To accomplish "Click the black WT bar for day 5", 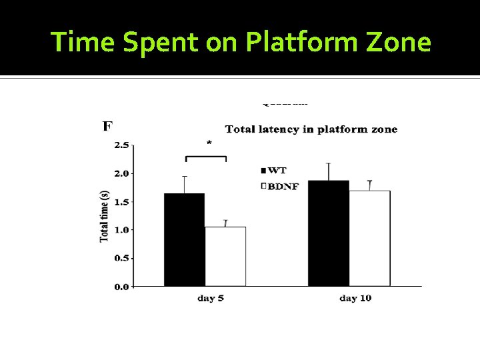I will pyautogui.click(x=185, y=239).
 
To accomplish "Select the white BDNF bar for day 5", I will pyautogui.click(x=225, y=257).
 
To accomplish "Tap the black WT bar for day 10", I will pyautogui.click(x=329, y=233).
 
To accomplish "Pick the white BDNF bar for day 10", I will pyautogui.click(x=369, y=238).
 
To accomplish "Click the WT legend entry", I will pyautogui.click(x=273, y=171).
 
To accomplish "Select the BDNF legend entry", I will pyautogui.click(x=280, y=187).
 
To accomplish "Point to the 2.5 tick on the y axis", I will pyautogui.click(x=122, y=145).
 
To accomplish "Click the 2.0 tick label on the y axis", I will pyautogui.click(x=122, y=173).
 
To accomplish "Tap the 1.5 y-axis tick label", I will pyautogui.click(x=122, y=201).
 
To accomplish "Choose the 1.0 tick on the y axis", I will pyautogui.click(x=122, y=230).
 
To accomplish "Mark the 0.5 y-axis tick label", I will pyautogui.click(x=122, y=258).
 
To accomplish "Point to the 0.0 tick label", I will pyautogui.click(x=122, y=287).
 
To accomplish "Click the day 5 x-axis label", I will pyautogui.click(x=211, y=298).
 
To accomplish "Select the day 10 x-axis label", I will pyautogui.click(x=355, y=298).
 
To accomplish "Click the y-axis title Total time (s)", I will pyautogui.click(x=105, y=216).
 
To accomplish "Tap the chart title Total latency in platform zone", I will pyautogui.click(x=311, y=129).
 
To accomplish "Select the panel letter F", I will pyautogui.click(x=107, y=126).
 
